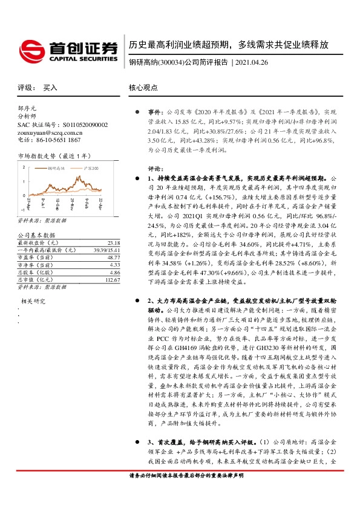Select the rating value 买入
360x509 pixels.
(x=50, y=88)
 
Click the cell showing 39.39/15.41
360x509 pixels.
(x=97, y=232)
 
